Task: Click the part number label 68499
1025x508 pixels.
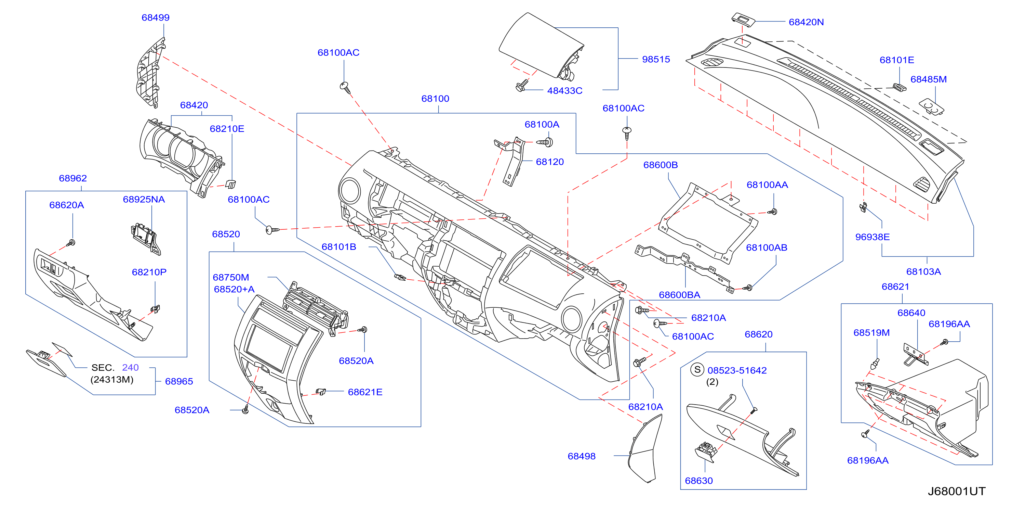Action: click(x=156, y=17)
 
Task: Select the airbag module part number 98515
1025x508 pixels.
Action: click(x=656, y=59)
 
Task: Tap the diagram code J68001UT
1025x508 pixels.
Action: click(x=957, y=491)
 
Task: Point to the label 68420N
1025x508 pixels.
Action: click(x=806, y=22)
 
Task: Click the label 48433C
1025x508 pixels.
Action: click(x=564, y=91)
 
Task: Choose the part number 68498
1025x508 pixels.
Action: click(x=581, y=456)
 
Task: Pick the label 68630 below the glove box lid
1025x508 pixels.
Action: click(x=699, y=481)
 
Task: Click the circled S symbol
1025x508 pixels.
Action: click(x=697, y=370)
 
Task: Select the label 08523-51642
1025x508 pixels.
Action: click(x=737, y=370)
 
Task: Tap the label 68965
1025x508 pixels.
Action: click(x=179, y=382)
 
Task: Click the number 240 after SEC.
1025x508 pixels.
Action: click(x=131, y=368)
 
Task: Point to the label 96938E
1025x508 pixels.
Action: click(x=872, y=237)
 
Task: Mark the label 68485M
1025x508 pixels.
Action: click(x=928, y=79)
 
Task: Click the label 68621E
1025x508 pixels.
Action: click(x=365, y=392)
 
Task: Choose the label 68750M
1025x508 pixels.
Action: click(x=231, y=277)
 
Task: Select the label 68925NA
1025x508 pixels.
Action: click(x=144, y=200)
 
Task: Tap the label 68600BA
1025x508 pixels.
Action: click(x=679, y=295)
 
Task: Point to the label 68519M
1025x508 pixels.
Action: click(x=871, y=333)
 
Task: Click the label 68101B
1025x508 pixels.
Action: click(x=338, y=247)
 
